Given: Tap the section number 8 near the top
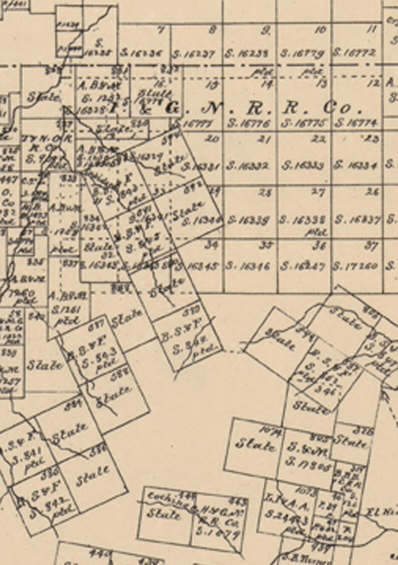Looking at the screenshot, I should (x=213, y=30).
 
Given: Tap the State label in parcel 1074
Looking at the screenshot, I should (x=256, y=444).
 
